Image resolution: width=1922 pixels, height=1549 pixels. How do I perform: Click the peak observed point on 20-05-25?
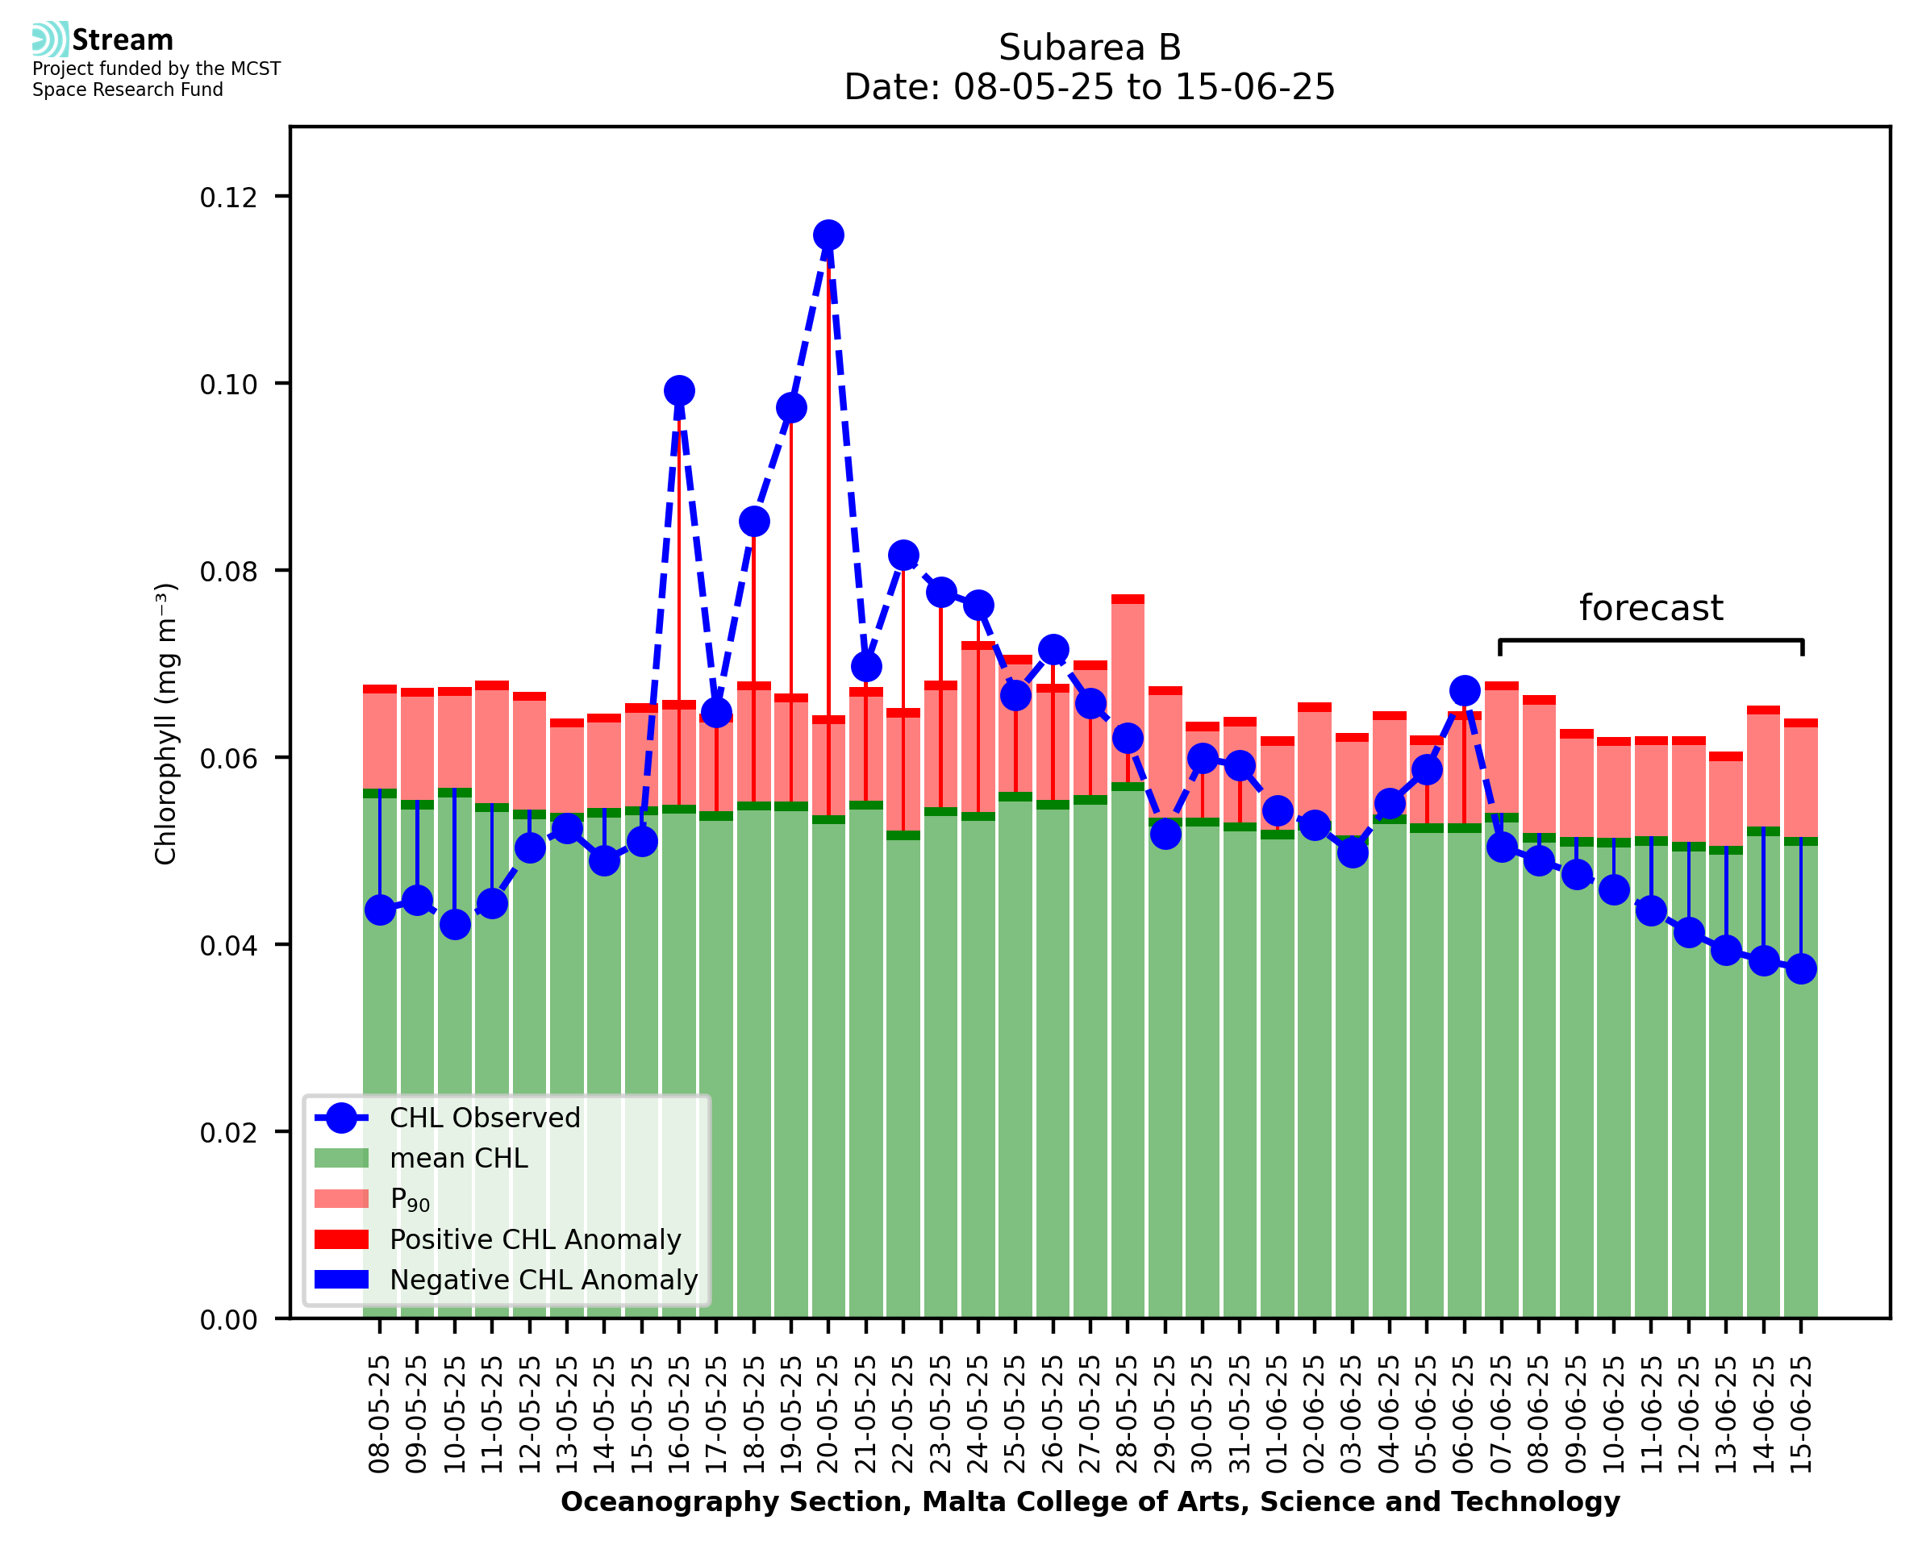click(x=828, y=235)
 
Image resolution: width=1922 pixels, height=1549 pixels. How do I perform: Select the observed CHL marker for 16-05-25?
click(x=679, y=390)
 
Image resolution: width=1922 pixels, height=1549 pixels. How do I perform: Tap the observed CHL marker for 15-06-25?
click(x=1801, y=968)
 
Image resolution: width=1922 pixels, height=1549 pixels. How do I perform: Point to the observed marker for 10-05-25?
click(x=455, y=924)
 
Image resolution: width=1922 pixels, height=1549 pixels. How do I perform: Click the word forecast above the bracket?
click(x=1651, y=608)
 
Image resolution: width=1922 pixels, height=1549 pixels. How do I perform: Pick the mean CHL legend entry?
click(x=459, y=1157)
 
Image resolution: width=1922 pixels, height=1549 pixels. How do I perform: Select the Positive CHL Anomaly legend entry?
click(x=536, y=1239)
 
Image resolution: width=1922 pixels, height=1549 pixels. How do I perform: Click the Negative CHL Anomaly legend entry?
click(x=544, y=1279)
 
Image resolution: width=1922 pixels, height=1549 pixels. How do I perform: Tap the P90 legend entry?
click(x=410, y=1198)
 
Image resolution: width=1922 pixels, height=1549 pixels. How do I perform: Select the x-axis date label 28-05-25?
click(x=1128, y=1414)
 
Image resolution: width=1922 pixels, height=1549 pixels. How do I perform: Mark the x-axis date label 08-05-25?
click(x=380, y=1414)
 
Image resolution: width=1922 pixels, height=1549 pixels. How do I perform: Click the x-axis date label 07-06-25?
click(x=1502, y=1414)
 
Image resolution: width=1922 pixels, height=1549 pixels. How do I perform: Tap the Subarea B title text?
click(x=1090, y=48)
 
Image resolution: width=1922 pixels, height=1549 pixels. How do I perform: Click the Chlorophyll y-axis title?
click(x=166, y=723)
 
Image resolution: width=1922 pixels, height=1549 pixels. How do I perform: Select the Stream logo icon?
click(x=50, y=40)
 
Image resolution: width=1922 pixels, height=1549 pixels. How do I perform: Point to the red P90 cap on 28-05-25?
click(x=1128, y=599)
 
